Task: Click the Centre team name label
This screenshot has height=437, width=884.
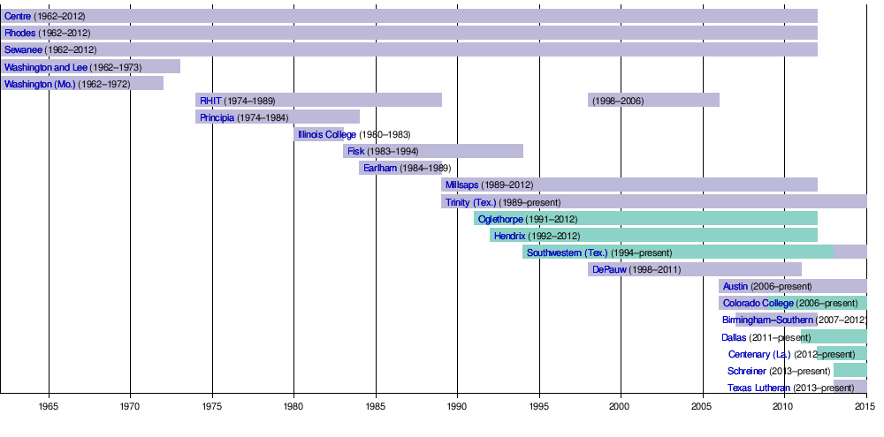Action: point(18,16)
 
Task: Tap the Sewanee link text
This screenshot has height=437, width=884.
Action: point(24,49)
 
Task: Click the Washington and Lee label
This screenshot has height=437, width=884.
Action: point(46,66)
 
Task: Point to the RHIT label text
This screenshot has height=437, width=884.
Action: point(210,101)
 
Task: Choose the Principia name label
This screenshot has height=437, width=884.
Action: point(217,117)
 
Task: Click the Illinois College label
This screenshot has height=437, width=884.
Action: point(327,134)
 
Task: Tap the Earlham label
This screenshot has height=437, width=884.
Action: point(380,168)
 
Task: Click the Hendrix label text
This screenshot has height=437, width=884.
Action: point(510,236)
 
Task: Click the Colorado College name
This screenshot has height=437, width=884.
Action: point(758,303)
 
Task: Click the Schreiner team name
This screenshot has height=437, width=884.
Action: point(747,371)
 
